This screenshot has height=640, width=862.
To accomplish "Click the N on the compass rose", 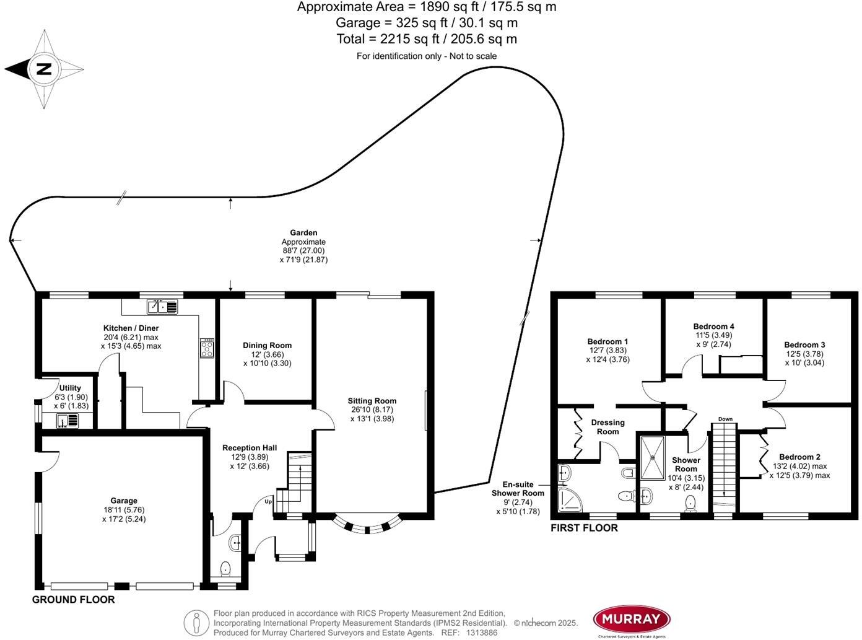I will (43, 69).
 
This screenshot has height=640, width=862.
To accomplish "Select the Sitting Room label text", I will (372, 401).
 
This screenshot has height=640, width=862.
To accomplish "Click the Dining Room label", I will (267, 346).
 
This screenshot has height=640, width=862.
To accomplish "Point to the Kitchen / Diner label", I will (131, 328).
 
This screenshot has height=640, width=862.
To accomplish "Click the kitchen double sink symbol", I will (162, 307).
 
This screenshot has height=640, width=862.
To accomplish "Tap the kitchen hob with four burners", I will (207, 348).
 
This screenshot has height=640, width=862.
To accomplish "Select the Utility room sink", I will (67, 421).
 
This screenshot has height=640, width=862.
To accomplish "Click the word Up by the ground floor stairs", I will (269, 501).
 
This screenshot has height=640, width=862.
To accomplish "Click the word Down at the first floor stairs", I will (725, 419).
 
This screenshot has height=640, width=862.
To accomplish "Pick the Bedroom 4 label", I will (713, 327).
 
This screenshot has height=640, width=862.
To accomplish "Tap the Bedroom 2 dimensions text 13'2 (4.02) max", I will (799, 467).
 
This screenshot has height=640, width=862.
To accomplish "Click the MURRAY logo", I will (632, 619).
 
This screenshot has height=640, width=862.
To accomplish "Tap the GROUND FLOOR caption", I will (73, 600).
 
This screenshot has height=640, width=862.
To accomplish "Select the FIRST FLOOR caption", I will (584, 528).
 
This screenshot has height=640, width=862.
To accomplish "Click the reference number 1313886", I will (481, 633).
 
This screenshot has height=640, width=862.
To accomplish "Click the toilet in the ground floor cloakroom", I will (225, 568).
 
